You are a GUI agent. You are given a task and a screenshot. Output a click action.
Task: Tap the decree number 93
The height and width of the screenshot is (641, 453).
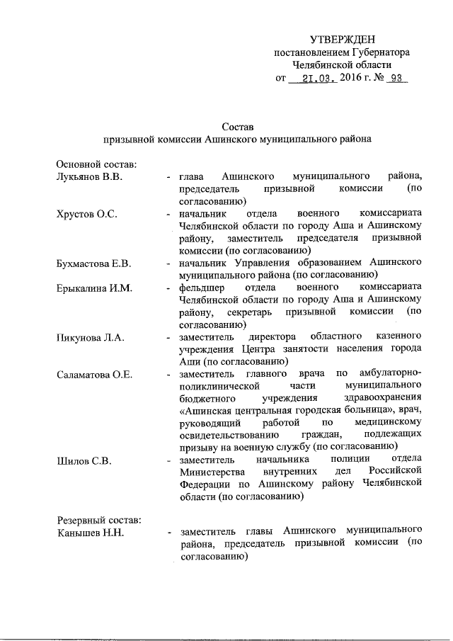pyautogui.click(x=394, y=79)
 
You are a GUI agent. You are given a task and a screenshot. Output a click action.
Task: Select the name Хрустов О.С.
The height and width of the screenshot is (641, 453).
pyautogui.click(x=86, y=213)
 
